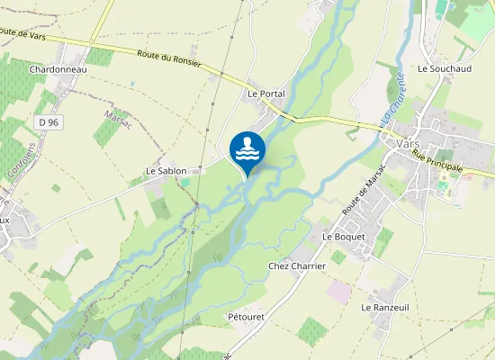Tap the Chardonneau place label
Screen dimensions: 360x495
(57, 68)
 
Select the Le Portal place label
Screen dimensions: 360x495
(266, 94)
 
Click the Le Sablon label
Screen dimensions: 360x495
(166, 170)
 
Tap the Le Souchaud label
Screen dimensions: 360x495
(439, 68)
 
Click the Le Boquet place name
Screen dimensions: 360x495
(344, 237)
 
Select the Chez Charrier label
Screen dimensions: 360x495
(296, 266)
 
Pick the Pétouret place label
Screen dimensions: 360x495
(246, 317)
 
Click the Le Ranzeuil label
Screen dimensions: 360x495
(385, 307)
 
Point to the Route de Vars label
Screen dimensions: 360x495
(22, 32)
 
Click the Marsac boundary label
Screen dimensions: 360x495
(118, 119)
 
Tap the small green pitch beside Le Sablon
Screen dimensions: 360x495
(184, 182)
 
